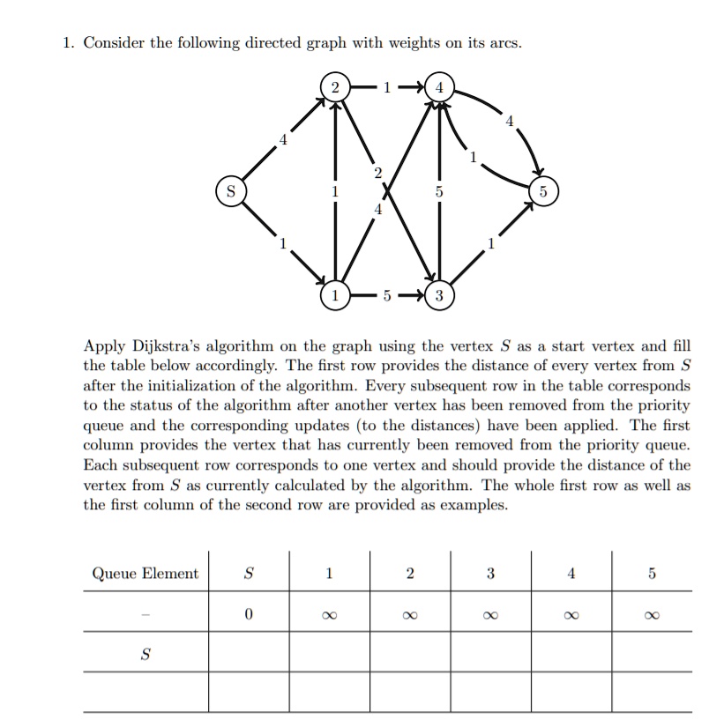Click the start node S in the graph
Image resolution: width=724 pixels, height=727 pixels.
click(229, 190)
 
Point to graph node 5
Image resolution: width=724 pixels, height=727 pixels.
click(542, 190)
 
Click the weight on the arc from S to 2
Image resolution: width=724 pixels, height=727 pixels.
click(282, 138)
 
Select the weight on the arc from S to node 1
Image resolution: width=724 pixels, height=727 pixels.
click(282, 243)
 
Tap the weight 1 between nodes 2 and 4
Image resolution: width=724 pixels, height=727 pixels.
click(386, 87)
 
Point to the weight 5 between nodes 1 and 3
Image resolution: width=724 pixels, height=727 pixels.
click(386, 294)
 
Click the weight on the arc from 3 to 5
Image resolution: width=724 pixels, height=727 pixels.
click(490, 243)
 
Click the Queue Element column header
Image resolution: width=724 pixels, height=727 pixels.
click(146, 575)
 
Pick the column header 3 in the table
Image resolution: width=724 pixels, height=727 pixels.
click(490, 575)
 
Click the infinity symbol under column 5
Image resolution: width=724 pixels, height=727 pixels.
click(652, 615)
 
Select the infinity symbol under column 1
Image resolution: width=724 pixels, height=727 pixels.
click(328, 615)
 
